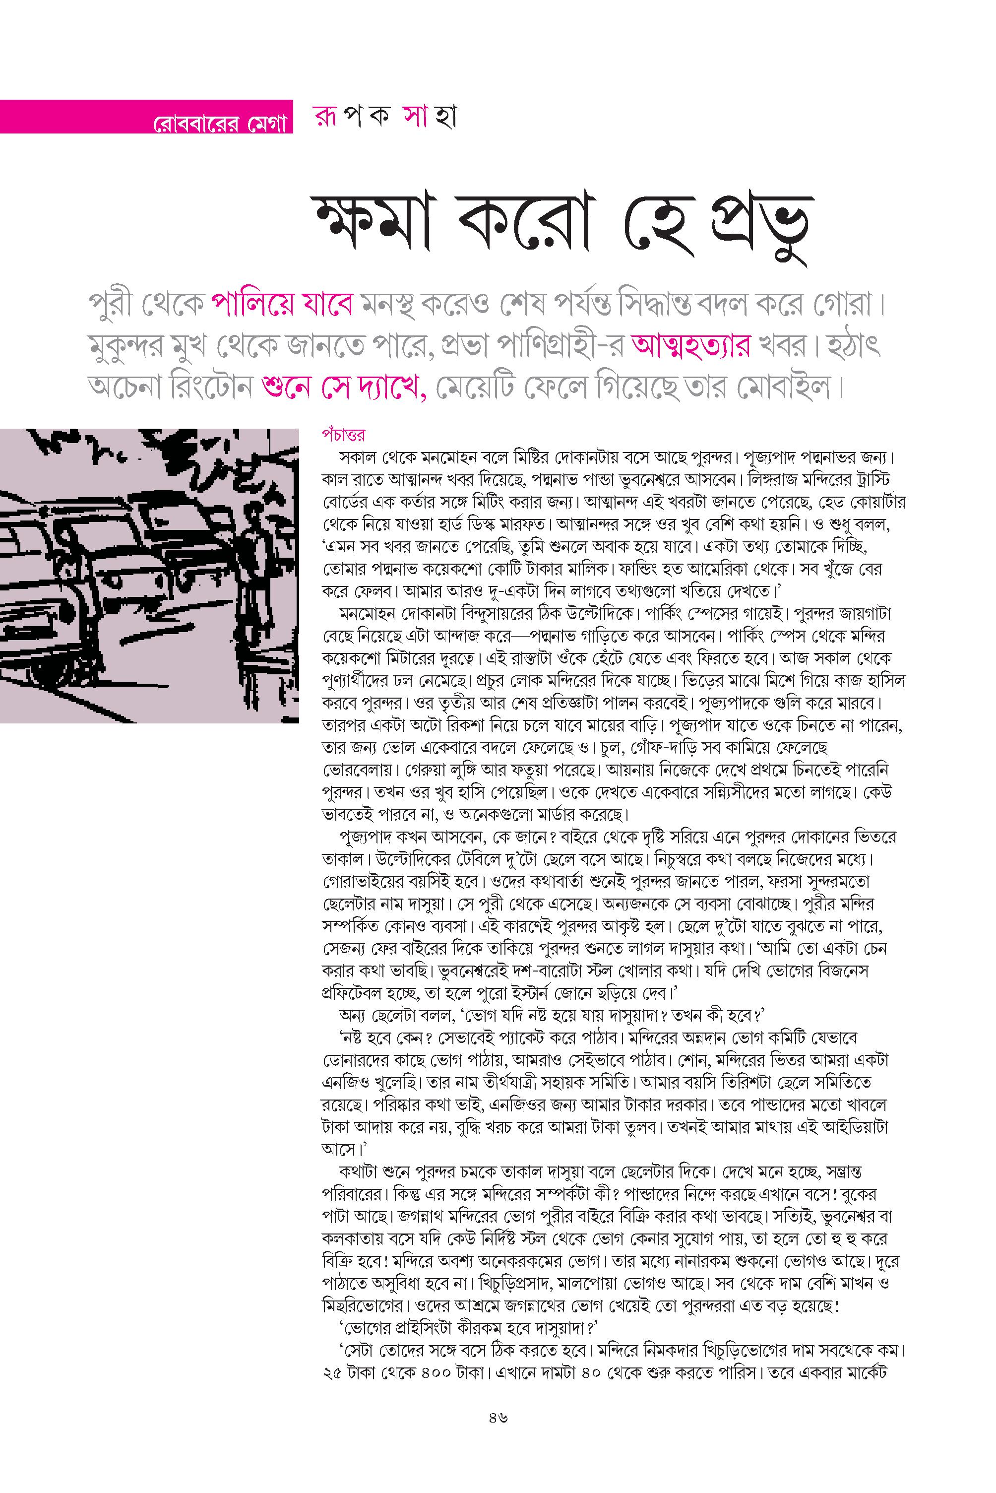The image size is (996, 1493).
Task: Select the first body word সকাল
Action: pyautogui.click(x=359, y=457)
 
